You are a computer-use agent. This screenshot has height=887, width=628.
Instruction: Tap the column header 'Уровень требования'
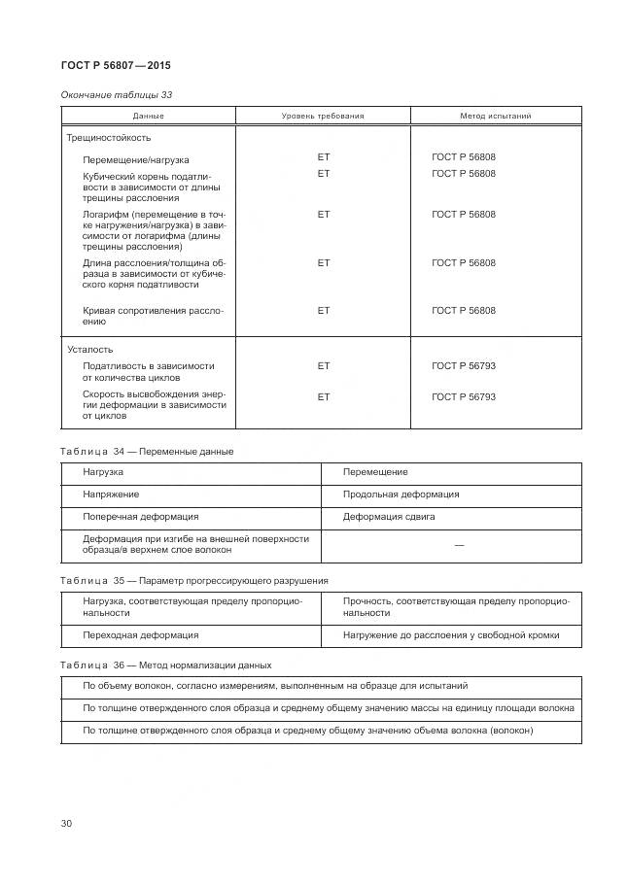coord(323,116)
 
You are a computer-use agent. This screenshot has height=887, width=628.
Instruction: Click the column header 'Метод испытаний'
coord(495,116)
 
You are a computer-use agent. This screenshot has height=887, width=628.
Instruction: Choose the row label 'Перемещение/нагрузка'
coord(136,157)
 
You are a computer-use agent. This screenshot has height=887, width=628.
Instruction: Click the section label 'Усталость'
coord(89,349)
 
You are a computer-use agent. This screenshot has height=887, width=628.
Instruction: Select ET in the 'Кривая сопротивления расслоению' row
coord(324,311)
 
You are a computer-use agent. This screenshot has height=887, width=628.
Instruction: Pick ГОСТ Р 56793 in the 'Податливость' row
coord(464,366)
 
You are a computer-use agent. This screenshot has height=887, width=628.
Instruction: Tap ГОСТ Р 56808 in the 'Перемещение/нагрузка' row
coord(464,157)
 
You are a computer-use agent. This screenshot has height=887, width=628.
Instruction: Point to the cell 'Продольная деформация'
coord(401,495)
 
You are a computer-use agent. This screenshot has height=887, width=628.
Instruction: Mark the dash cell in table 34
coord(459,545)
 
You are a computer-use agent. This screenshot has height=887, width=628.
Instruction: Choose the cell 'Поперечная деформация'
coord(140,517)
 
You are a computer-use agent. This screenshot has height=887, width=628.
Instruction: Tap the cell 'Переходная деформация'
coord(140,634)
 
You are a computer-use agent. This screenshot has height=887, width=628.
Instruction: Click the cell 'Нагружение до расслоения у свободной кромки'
coord(451,634)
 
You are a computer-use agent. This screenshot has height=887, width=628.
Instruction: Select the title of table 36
coord(165,665)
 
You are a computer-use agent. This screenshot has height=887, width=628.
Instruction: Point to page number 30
coord(67,823)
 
